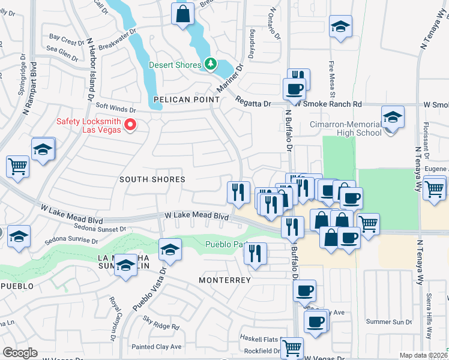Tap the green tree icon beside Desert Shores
pos(210,63)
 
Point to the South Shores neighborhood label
pos(152,179)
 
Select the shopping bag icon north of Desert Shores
pos(182,14)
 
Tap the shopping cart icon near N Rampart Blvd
pos(18,166)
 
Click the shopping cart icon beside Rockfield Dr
pos(292,347)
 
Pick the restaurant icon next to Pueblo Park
pos(256,253)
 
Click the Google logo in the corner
pos(20,353)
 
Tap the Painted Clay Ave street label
pos(157,347)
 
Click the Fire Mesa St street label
pos(331,79)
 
